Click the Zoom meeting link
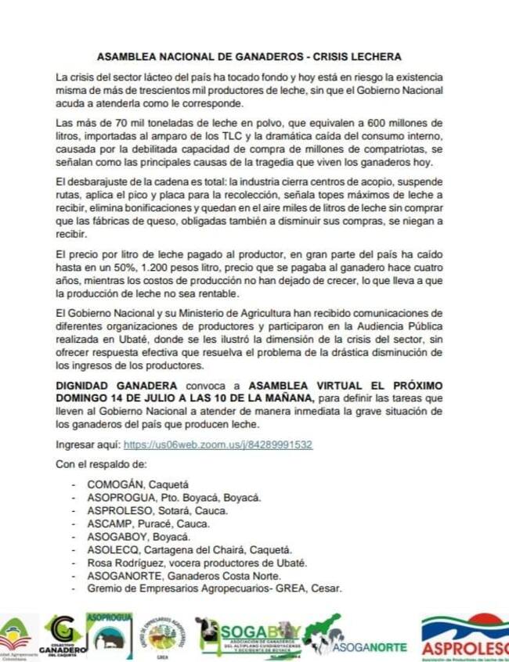[218, 444]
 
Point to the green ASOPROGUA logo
[109, 635]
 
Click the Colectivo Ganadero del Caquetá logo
[63, 636]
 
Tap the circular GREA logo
[162, 636]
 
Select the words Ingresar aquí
[87, 444]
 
